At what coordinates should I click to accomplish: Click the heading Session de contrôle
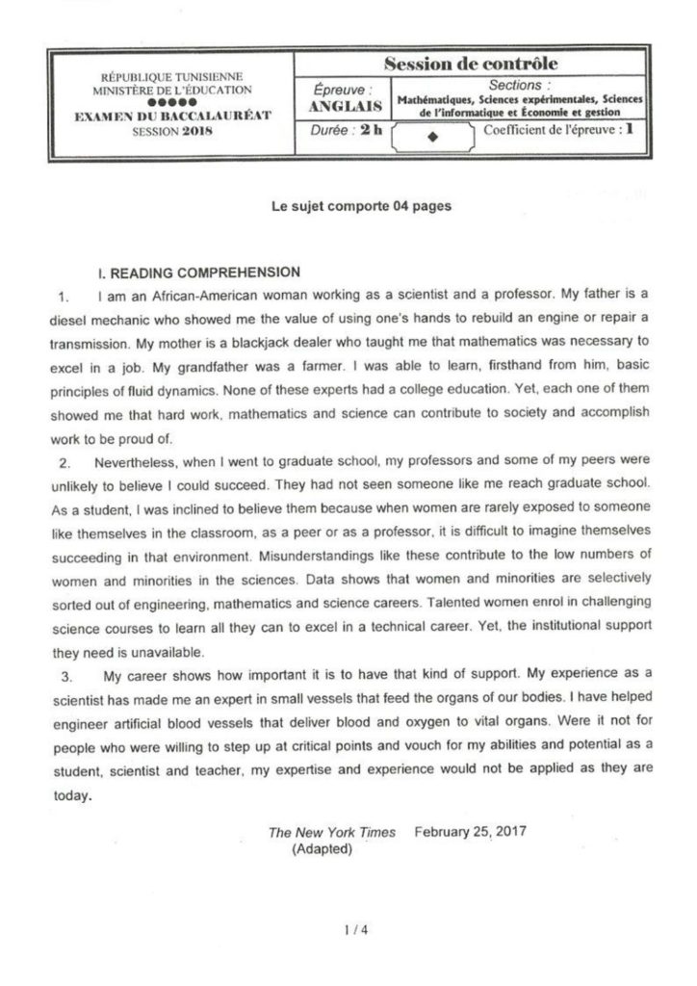click(471, 64)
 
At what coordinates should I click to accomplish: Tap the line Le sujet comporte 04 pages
click(348, 205)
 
